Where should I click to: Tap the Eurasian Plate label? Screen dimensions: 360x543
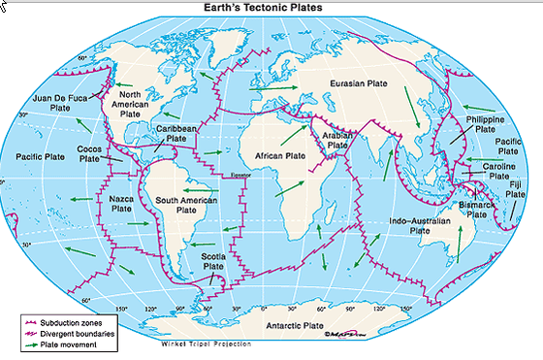[x=365, y=84]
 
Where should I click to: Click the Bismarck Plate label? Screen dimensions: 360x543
[x=475, y=209]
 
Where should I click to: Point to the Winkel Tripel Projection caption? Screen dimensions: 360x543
[x=206, y=344]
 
